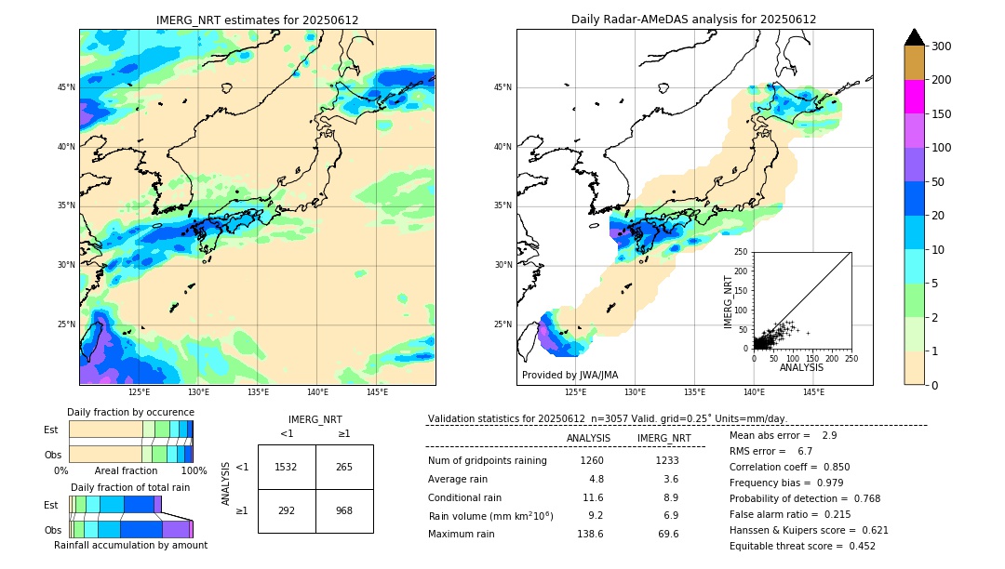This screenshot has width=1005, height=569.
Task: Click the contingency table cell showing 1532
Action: coord(286,467)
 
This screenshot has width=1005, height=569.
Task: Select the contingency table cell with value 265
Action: coord(344,467)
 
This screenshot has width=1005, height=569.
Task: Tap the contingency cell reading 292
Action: coord(286,510)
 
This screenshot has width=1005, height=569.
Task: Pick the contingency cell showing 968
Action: coord(344,510)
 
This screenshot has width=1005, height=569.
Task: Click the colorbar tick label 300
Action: coord(941,46)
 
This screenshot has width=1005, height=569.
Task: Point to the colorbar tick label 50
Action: coord(937,182)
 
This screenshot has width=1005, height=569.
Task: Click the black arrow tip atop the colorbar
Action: coord(915,36)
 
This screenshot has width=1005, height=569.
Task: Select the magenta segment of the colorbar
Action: coord(915,97)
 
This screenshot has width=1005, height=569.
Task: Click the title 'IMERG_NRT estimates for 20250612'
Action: coord(257,20)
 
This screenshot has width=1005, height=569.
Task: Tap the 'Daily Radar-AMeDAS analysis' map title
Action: coord(694,20)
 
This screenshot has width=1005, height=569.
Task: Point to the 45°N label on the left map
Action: coord(66,87)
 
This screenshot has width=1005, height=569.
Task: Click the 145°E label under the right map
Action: coord(813,392)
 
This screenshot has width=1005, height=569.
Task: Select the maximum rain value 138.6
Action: coord(590,534)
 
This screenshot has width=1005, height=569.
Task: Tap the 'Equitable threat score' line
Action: coord(802,546)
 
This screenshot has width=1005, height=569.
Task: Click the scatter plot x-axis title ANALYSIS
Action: coord(801,367)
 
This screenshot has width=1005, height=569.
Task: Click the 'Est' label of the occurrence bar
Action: coord(51,430)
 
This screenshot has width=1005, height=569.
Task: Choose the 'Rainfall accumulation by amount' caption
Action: coord(130,546)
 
